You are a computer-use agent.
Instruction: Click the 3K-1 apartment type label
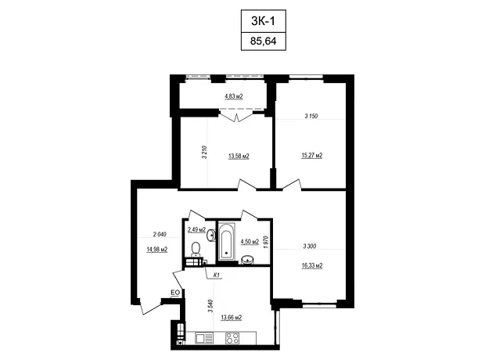[263, 21]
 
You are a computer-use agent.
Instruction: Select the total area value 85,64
[263, 41]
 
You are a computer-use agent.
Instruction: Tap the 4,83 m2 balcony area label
[234, 96]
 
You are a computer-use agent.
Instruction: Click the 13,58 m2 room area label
[239, 156]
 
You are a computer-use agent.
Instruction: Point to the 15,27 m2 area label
[312, 155]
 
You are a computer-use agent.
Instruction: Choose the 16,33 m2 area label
[312, 265]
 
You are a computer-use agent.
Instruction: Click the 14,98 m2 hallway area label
[156, 249]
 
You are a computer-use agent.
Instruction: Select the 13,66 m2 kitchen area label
[231, 317]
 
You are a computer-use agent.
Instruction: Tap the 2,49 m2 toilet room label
[196, 229]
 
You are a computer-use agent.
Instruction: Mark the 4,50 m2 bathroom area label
[250, 242]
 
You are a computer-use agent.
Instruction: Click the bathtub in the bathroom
[227, 241]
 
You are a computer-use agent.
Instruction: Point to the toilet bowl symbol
[196, 250]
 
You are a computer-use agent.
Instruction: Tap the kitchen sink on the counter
[204, 338]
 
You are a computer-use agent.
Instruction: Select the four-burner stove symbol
[232, 338]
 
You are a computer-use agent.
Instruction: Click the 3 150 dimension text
[311, 116]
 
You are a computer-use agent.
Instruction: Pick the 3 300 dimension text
[309, 246]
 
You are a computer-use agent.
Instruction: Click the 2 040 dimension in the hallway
[160, 234]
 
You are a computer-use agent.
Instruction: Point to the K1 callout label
[217, 275]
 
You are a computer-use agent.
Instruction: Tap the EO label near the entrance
[175, 292]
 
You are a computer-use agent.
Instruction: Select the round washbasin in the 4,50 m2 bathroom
[247, 260]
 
